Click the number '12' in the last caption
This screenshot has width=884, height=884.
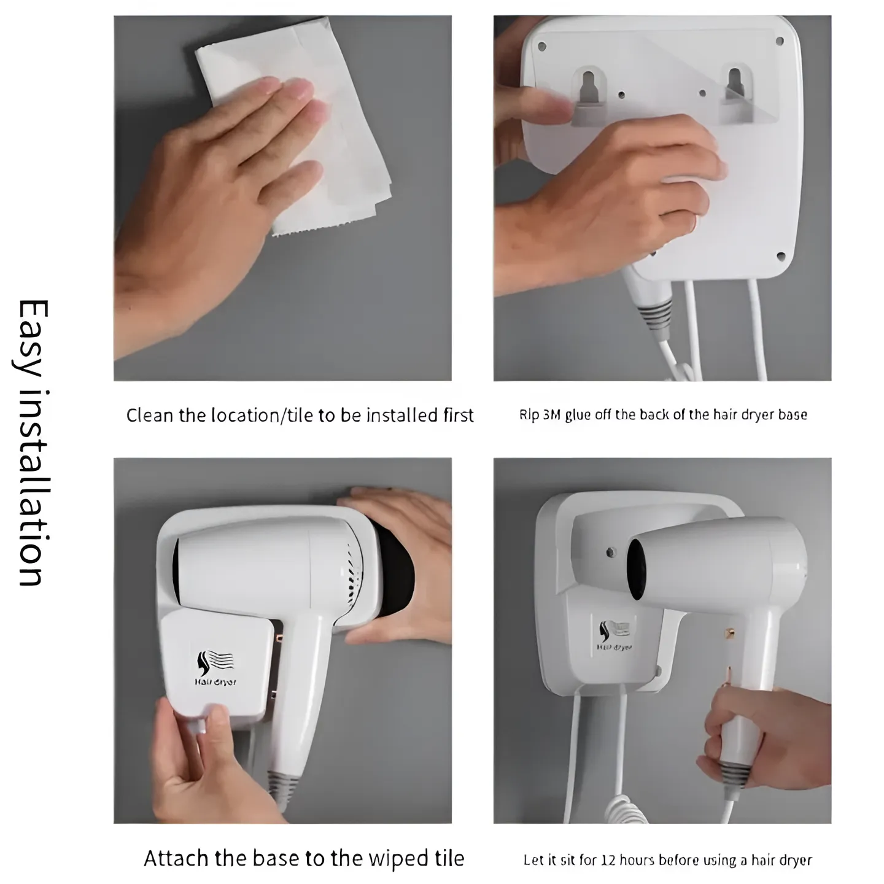(x=611, y=860)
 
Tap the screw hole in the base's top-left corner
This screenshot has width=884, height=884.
(x=541, y=46)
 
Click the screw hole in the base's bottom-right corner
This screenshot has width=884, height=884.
(x=780, y=257)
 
